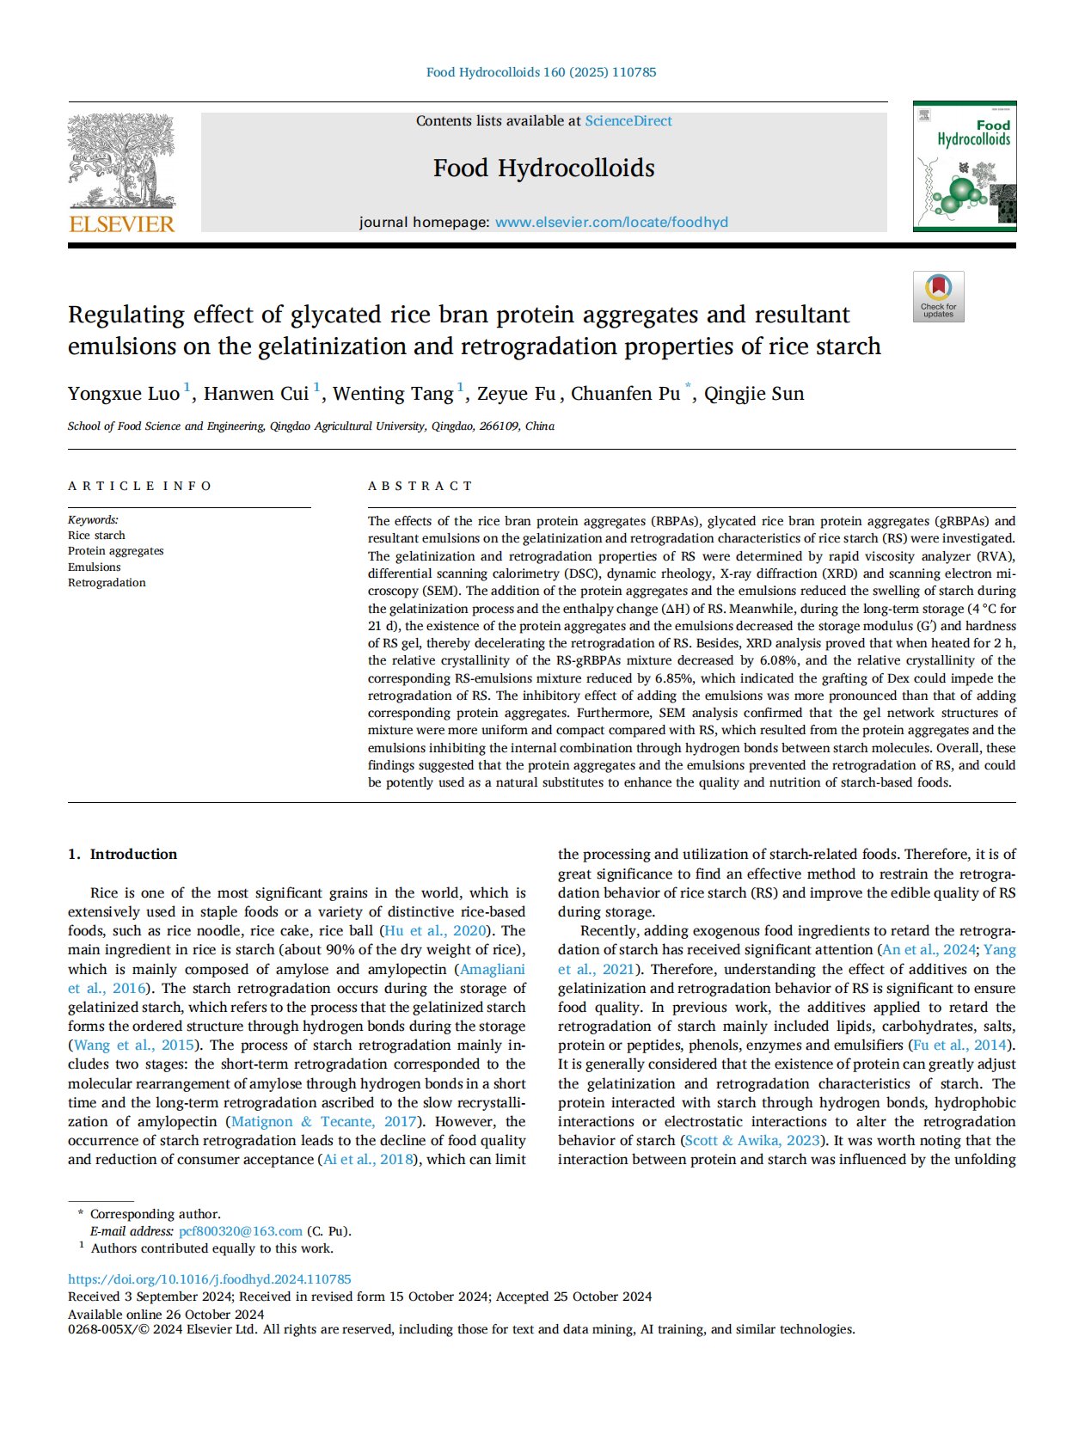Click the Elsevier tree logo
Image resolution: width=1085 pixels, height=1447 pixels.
121,161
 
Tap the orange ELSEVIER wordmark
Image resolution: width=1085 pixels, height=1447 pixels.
121,224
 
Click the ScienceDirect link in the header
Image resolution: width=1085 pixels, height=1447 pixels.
628,121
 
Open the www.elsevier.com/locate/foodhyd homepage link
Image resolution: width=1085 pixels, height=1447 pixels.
611,222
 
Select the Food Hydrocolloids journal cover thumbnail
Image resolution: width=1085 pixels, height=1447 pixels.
964,167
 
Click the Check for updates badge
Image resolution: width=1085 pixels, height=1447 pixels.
938,297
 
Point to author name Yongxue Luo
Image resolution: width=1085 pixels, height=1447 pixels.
124,394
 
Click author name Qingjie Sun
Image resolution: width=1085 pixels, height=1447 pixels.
754,394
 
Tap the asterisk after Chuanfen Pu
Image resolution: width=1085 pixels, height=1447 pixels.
688,389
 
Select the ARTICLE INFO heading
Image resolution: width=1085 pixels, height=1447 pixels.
140,486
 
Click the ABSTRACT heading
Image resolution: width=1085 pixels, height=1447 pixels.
420,486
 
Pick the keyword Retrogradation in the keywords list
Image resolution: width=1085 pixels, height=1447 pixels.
107,583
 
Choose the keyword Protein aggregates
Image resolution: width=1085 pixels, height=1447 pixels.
115,551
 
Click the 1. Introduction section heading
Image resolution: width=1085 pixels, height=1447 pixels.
122,854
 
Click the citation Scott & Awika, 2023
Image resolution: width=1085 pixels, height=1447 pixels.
752,1140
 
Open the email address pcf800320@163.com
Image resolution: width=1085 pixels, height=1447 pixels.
241,1231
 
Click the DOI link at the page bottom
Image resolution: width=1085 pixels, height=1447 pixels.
209,1279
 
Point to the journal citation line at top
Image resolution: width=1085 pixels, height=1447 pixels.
542,72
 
